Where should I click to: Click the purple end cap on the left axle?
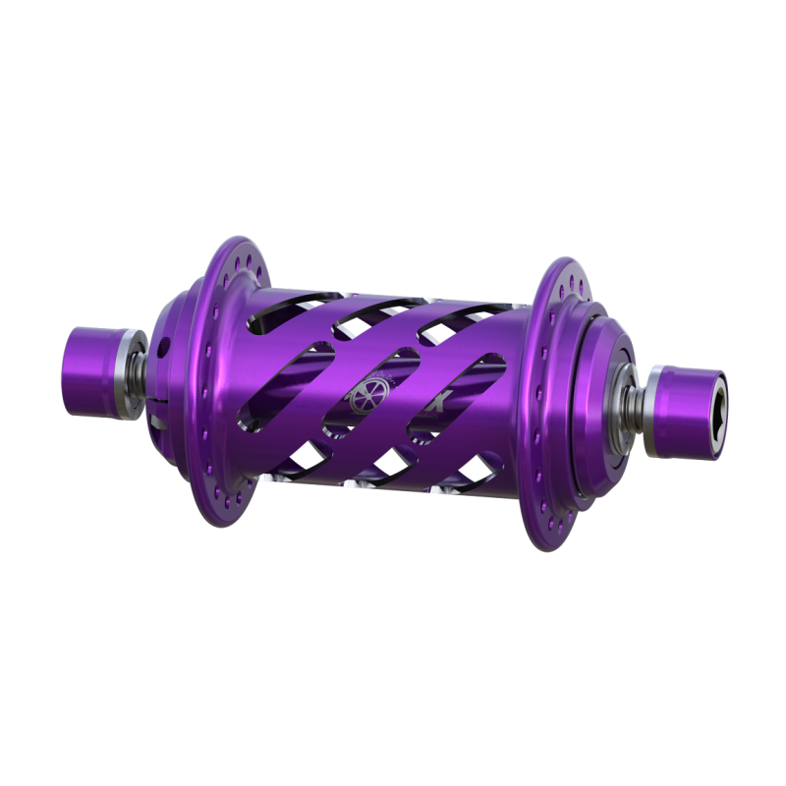90,359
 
